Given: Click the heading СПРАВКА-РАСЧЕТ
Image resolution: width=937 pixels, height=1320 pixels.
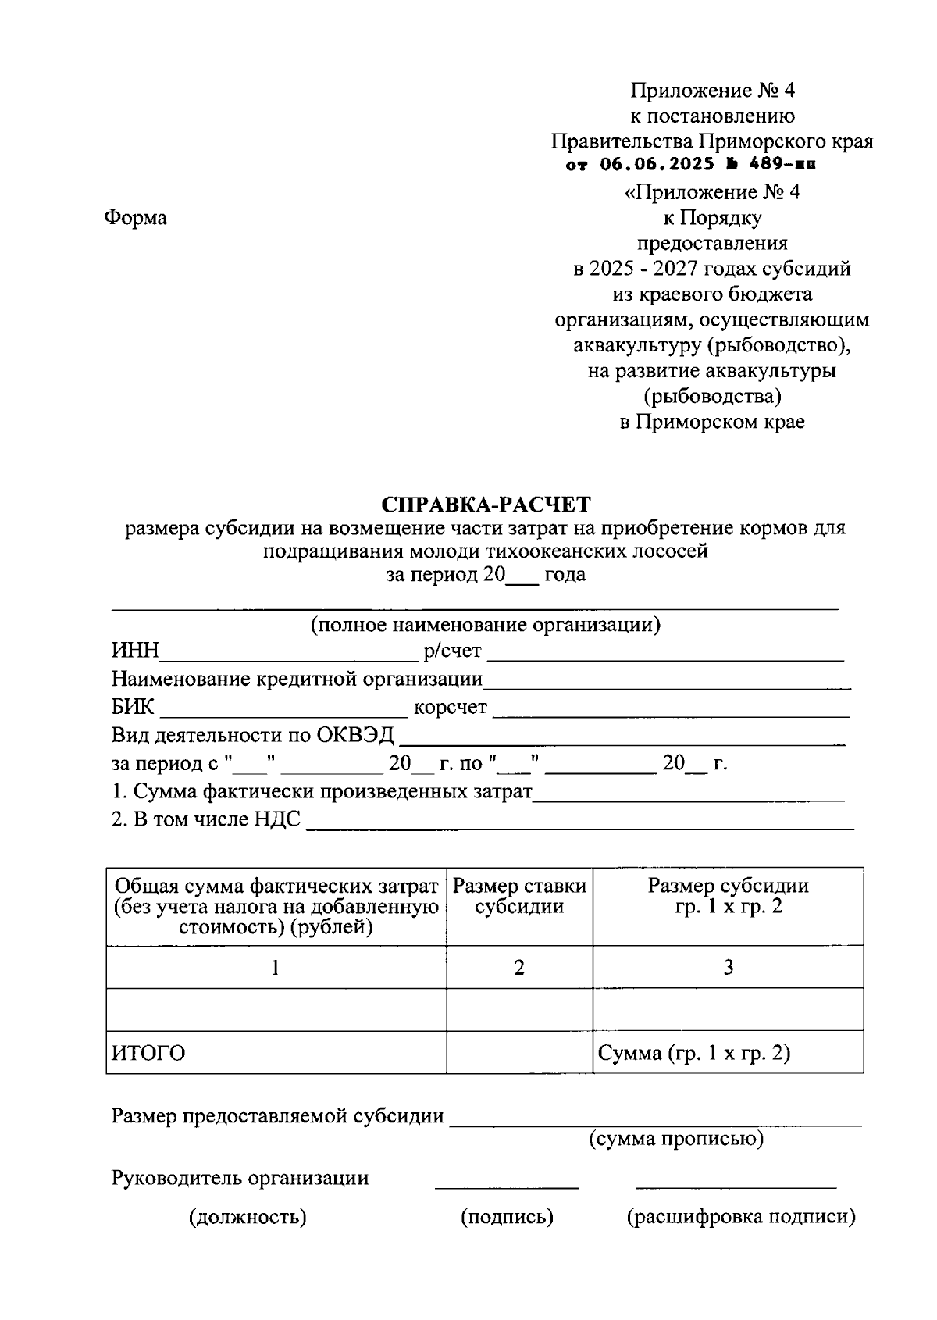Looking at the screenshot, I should [486, 503].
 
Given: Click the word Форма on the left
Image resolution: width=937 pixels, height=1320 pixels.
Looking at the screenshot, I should [135, 218].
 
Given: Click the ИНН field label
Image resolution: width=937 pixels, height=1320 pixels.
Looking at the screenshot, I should [135, 651].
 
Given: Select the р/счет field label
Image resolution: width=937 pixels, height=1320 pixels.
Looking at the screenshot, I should [452, 651].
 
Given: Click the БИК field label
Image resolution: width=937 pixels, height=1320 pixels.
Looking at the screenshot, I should [134, 708].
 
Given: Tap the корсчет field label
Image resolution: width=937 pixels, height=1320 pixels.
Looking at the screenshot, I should [451, 708].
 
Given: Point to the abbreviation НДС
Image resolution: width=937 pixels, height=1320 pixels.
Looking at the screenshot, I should [277, 820].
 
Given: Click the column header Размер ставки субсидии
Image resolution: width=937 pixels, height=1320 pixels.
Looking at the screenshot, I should [519, 896].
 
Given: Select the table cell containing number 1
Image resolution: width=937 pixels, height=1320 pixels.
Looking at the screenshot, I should [276, 968].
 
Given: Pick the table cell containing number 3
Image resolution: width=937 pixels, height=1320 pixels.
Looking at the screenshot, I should [728, 968].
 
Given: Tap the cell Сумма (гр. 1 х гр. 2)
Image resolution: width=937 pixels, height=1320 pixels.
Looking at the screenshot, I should [693, 1054].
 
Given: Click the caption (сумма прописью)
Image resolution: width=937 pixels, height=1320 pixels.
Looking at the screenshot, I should [675, 1139].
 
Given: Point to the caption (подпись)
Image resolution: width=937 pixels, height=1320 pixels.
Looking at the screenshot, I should [507, 1217].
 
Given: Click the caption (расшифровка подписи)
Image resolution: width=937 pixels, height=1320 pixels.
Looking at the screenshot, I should [741, 1217].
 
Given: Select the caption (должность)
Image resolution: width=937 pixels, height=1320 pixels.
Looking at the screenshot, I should [248, 1217].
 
